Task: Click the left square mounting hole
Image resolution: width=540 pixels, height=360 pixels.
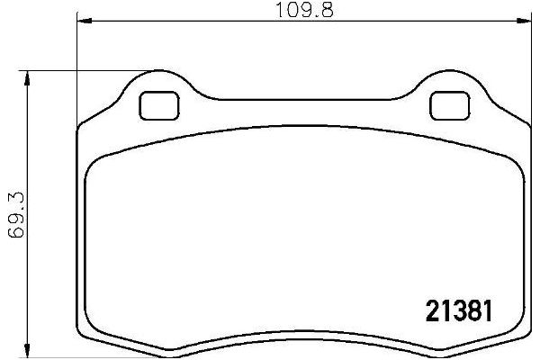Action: [x=158, y=106]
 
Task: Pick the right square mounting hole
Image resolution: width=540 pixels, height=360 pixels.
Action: [x=445, y=106]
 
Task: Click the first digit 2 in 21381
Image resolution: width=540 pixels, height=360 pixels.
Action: [x=431, y=311]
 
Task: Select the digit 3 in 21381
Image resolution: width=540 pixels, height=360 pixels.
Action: [x=459, y=311]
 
